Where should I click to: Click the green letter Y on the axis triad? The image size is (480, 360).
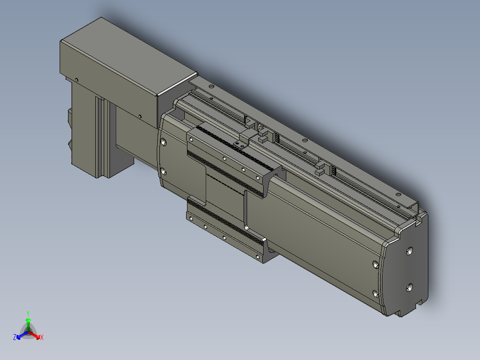click(x=28, y=313)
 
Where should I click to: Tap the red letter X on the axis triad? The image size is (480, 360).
click(x=42, y=337)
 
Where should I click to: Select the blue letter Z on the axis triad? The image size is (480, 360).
click(x=15, y=337)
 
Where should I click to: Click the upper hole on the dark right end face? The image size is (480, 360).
click(x=409, y=252)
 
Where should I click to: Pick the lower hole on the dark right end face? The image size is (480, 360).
click(x=409, y=287)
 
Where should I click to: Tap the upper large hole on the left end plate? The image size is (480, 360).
click(x=163, y=142)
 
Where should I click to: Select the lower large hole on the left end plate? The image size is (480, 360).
click(x=163, y=172)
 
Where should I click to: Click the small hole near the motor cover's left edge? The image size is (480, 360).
click(x=77, y=80)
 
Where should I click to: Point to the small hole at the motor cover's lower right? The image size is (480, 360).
click(x=140, y=116)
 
